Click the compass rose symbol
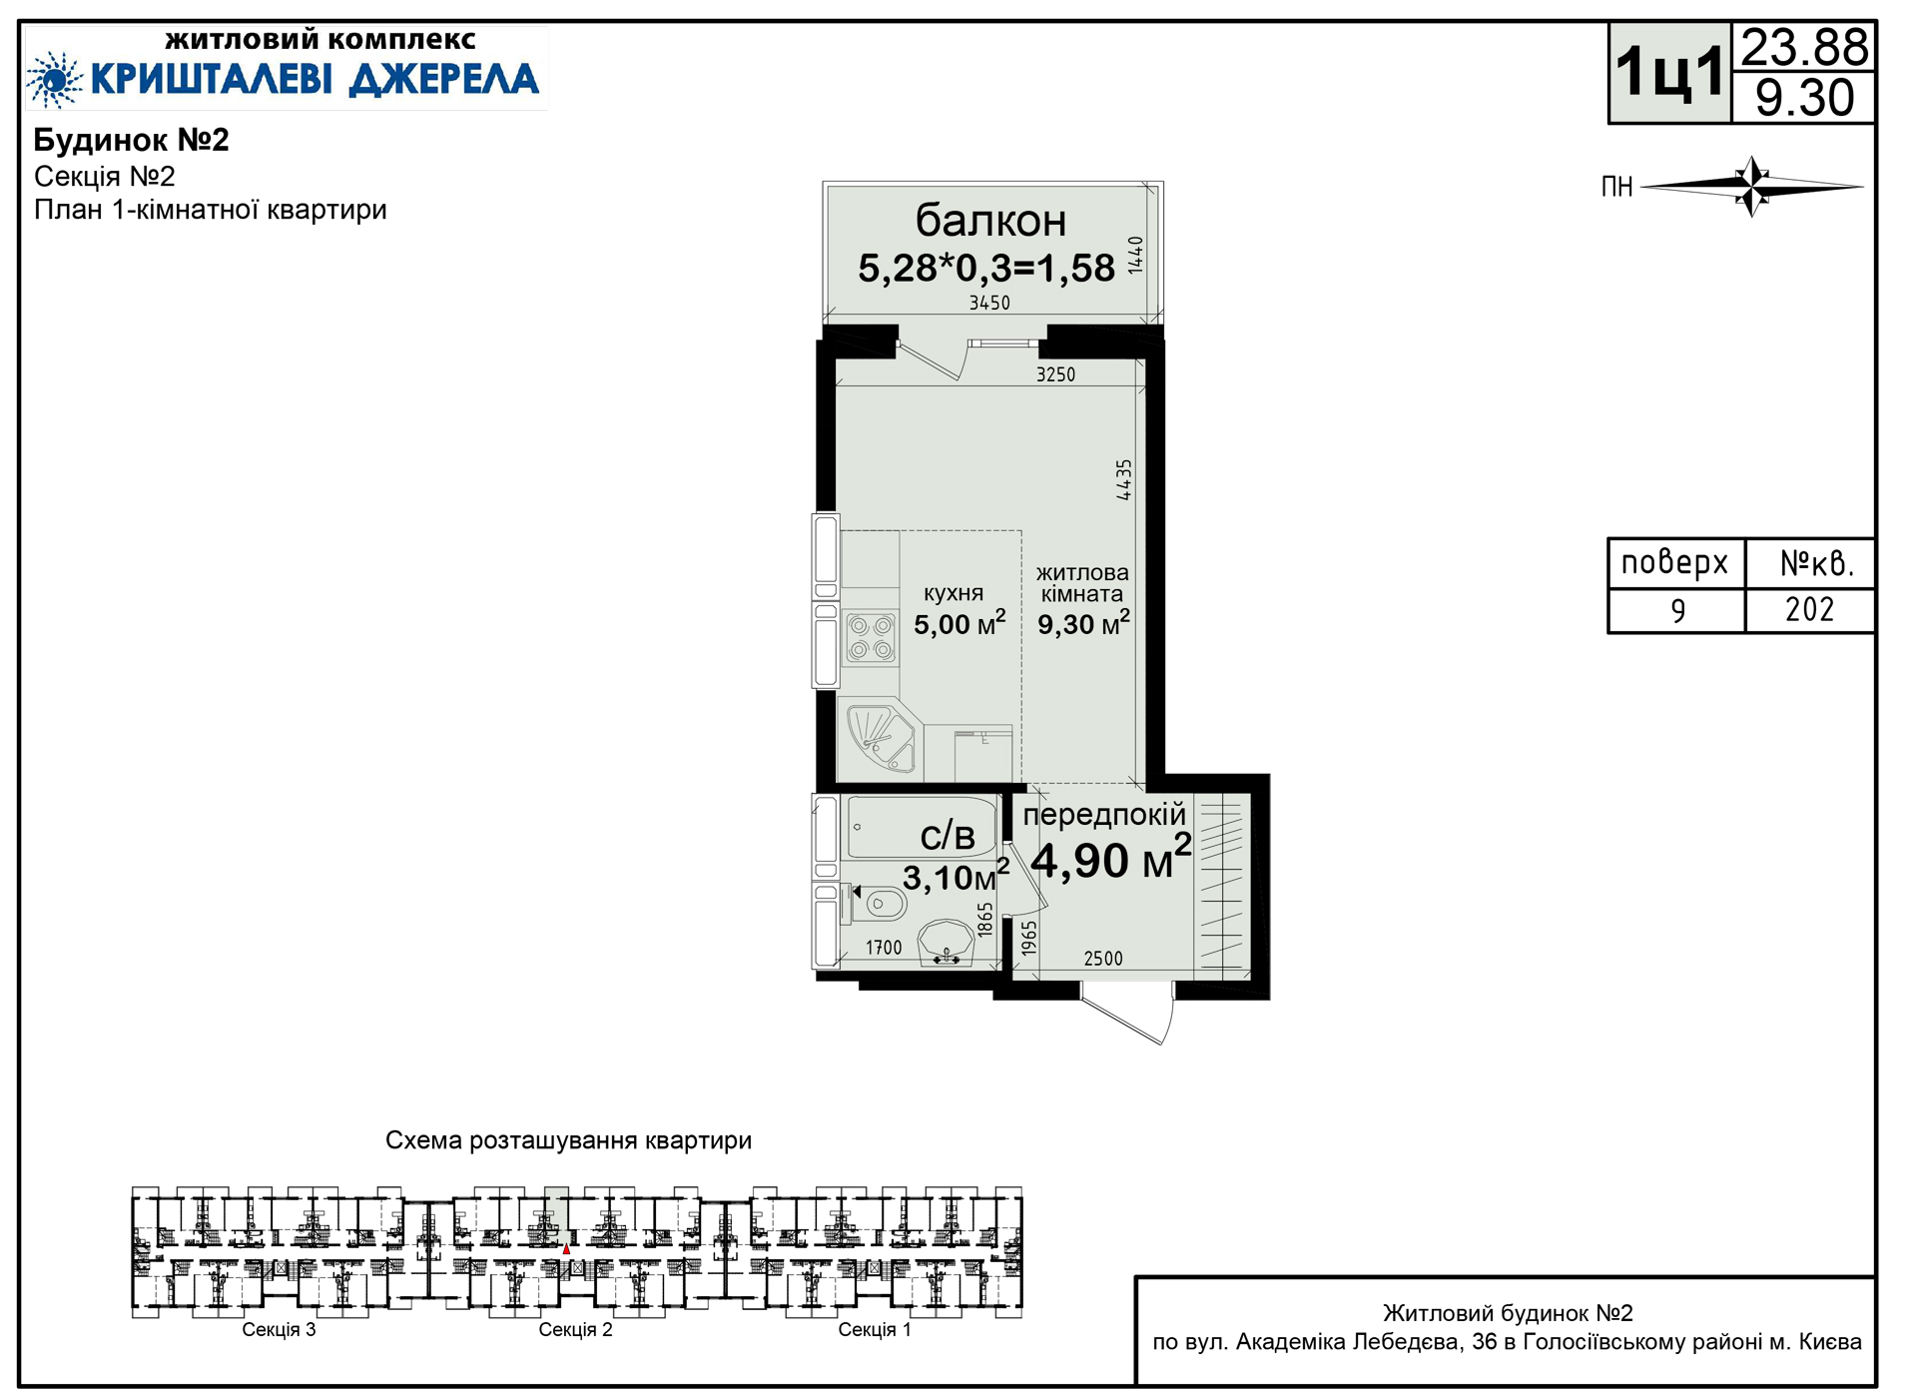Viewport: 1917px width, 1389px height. tap(1752, 186)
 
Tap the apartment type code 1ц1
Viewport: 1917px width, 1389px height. tap(1669, 73)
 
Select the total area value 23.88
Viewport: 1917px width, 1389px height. tap(1804, 47)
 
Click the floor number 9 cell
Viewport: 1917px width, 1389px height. tap(1677, 610)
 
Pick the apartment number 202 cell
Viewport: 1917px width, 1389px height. tap(1809, 609)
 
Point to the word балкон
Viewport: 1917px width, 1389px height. tap(990, 221)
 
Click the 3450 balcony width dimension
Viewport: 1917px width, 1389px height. tap(989, 303)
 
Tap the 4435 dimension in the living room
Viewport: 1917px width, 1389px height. tap(1124, 479)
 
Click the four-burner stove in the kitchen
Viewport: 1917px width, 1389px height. tap(870, 638)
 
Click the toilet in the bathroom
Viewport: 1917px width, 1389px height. tap(878, 905)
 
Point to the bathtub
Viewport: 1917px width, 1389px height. tap(921, 827)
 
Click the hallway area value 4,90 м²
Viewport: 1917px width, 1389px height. tap(1110, 860)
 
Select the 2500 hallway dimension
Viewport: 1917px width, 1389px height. tap(1103, 959)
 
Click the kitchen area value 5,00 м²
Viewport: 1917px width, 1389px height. tap(959, 624)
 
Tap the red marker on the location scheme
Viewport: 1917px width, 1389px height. tap(566, 1249)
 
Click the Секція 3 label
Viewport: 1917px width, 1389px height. tap(279, 1329)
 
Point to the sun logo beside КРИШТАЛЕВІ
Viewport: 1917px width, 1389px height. tap(54, 79)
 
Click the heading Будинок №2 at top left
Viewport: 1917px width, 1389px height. tap(132, 140)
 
